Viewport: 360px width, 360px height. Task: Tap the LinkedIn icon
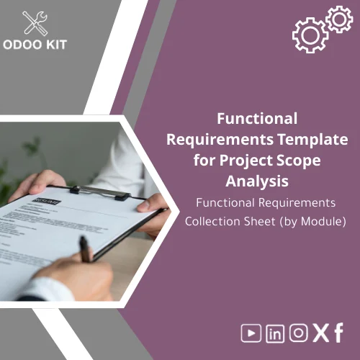tap(274, 333)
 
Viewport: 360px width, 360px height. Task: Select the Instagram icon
tap(298, 333)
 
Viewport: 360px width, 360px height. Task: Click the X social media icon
tap(320, 333)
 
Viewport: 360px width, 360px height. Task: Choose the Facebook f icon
tap(338, 332)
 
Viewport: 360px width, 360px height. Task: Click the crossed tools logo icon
tap(36, 23)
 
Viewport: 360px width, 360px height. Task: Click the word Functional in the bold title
tap(257, 118)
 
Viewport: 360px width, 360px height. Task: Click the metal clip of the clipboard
tap(100, 191)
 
